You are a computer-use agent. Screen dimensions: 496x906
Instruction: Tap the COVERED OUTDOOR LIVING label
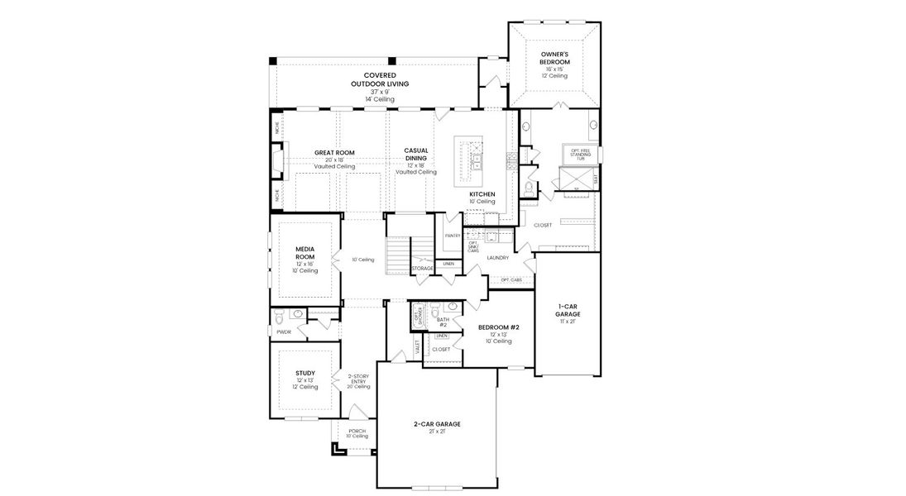[380, 80]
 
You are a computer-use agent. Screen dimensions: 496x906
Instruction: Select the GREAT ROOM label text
[334, 153]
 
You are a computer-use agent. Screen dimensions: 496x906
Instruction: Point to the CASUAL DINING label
[415, 155]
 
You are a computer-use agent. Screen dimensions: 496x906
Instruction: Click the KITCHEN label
[482, 194]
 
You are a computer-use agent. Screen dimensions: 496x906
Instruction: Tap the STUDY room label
[304, 374]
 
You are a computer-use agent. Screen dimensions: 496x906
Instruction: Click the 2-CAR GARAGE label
[437, 424]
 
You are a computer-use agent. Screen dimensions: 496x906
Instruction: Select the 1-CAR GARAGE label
[567, 310]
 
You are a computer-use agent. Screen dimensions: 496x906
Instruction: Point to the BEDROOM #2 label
[499, 327]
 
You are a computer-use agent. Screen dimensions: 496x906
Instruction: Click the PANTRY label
[452, 236]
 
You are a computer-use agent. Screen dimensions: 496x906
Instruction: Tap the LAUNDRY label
[498, 258]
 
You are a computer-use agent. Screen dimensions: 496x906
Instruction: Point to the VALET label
[418, 347]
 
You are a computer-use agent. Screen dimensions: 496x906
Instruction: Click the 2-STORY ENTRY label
[357, 380]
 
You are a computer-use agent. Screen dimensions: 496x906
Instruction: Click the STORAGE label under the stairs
[423, 269]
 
